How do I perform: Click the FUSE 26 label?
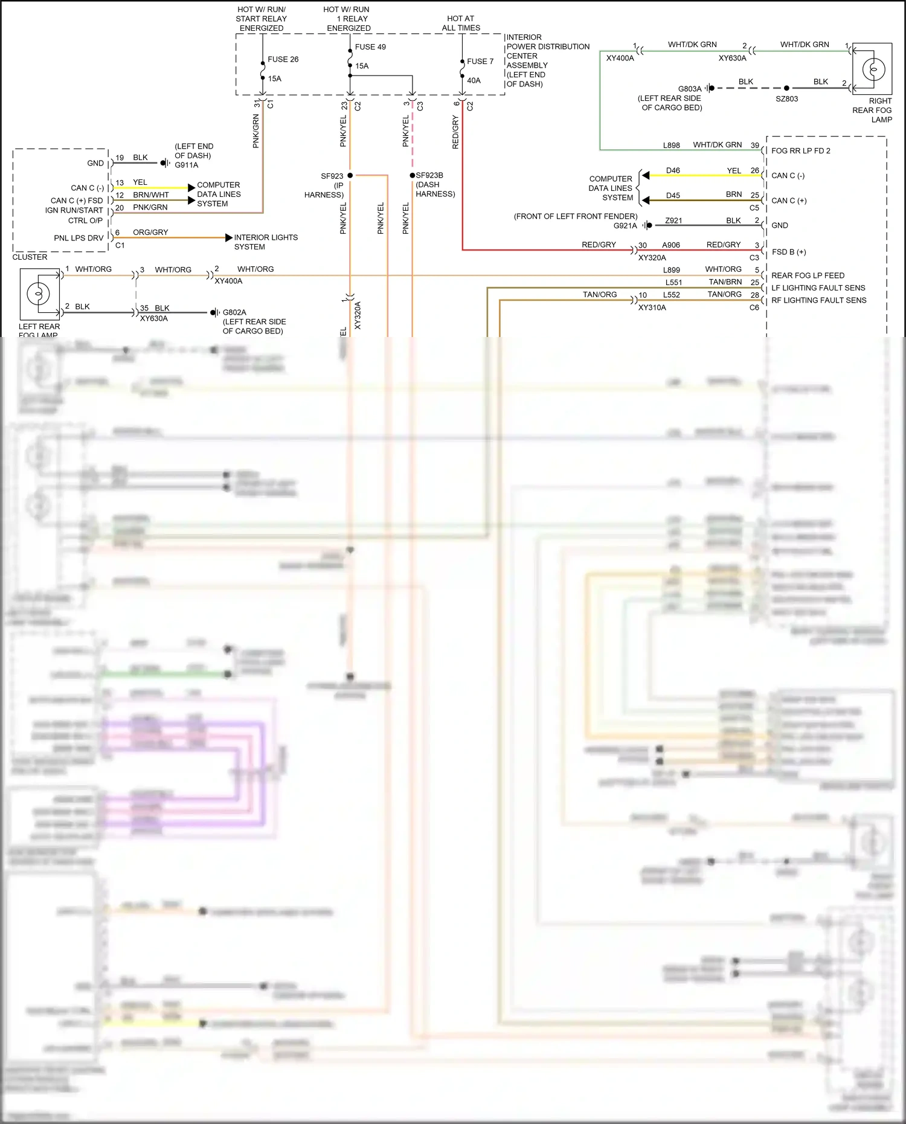click(283, 59)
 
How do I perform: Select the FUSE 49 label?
click(370, 47)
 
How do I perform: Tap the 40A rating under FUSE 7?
click(474, 80)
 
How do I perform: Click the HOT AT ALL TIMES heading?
click(461, 23)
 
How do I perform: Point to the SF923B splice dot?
click(413, 175)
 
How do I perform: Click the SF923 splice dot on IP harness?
click(350, 175)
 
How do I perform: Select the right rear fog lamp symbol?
click(873, 69)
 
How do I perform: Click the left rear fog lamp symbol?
click(39, 294)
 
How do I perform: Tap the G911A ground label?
click(186, 165)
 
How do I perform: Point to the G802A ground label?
click(234, 312)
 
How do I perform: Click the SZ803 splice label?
click(786, 98)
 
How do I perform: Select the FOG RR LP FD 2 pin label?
click(800, 150)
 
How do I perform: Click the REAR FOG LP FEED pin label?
click(808, 275)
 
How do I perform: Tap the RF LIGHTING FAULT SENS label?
click(818, 300)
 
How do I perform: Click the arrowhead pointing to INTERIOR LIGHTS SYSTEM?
click(229, 238)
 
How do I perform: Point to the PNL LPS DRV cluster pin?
click(79, 238)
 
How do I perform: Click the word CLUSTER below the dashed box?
click(30, 257)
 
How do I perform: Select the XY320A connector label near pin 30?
click(652, 257)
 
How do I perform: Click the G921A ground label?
click(625, 225)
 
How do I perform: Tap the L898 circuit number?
click(671, 145)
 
